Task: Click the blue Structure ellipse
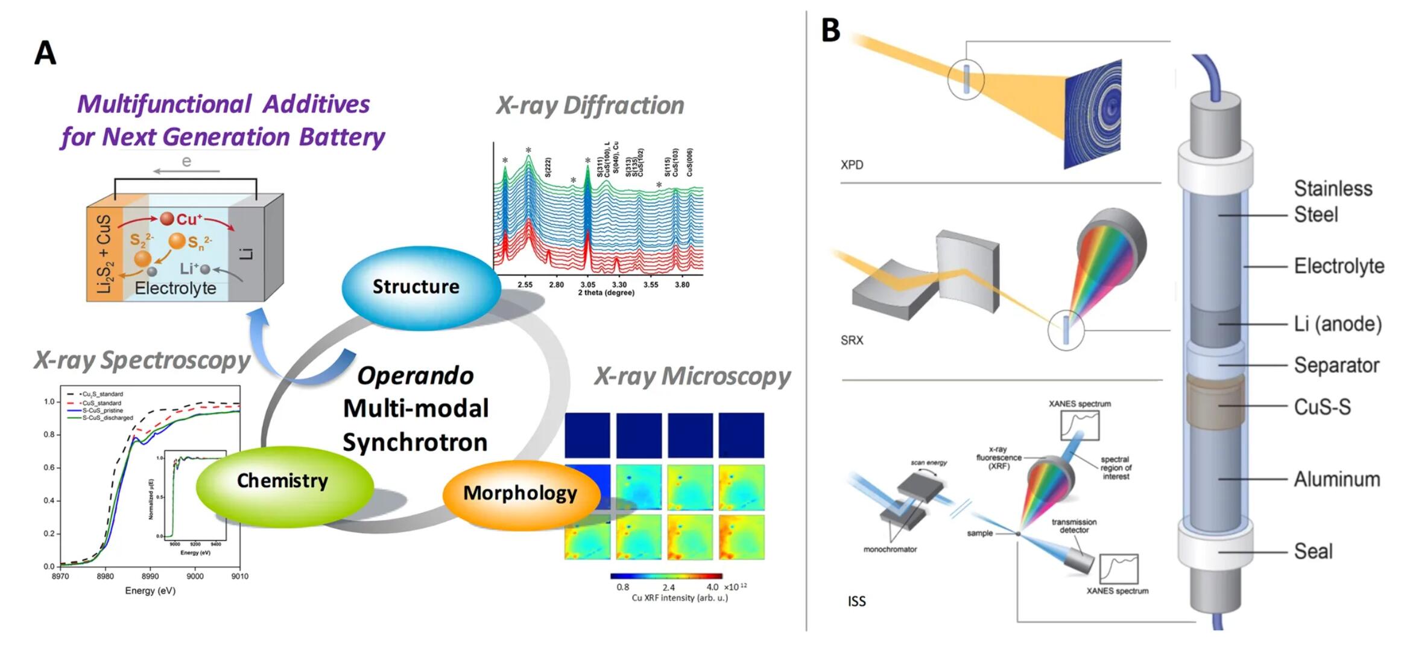420,287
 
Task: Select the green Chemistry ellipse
284,482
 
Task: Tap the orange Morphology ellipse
520,494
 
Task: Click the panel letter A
45,53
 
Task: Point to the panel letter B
830,29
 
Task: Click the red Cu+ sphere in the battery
167,218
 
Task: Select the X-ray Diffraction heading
590,106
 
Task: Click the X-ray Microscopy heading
692,376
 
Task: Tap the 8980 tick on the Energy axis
105,576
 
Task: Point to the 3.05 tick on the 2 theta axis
587,284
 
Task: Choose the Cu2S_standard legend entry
102,394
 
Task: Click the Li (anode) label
1337,324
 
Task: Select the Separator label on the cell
1336,365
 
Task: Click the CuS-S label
1322,407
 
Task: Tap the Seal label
1313,551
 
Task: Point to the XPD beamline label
852,165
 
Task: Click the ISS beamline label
856,601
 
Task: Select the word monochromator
890,550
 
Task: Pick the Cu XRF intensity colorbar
666,576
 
